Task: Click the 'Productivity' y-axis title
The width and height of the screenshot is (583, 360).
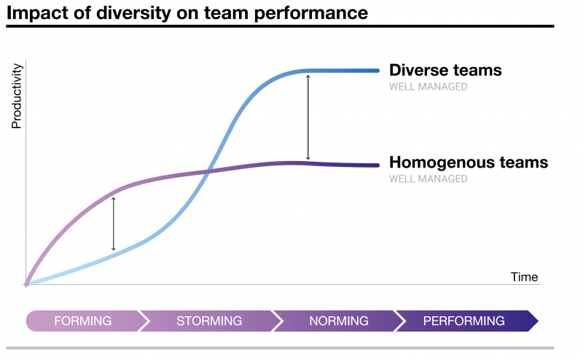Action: (17, 96)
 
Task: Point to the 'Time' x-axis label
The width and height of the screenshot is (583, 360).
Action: (524, 277)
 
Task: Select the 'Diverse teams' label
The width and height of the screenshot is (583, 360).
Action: (445, 71)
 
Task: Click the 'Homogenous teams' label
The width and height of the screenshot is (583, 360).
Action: (468, 163)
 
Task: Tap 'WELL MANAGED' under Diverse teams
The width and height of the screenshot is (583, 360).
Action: (428, 87)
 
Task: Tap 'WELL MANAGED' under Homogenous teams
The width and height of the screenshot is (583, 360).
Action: (428, 179)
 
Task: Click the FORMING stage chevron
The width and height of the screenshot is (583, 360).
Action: (82, 321)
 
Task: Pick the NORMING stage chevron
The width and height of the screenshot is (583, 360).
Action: (338, 321)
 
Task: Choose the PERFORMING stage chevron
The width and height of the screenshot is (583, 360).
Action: (464, 321)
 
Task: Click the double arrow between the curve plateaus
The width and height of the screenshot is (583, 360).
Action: (308, 117)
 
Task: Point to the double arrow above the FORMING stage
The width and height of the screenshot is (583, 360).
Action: (113, 223)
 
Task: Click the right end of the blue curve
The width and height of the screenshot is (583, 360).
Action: (377, 71)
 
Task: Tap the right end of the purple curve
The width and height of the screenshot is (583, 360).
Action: (377, 165)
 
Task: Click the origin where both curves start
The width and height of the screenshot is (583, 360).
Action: (26, 283)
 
